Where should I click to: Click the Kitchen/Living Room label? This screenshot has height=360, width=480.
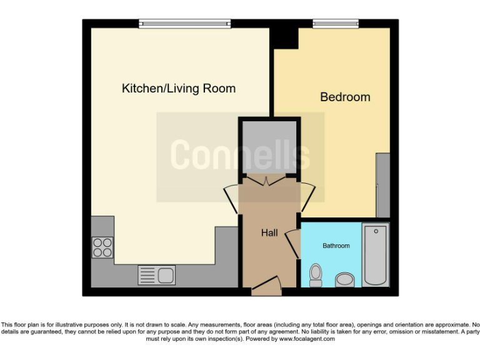178,89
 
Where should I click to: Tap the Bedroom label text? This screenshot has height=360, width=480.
345,97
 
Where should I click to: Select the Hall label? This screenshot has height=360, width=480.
269,233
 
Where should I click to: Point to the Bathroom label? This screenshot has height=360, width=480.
336,246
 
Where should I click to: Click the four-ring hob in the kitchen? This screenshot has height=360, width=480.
102,247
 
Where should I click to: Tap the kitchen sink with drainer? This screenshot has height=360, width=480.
157,275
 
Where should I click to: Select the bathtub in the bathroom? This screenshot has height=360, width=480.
375,254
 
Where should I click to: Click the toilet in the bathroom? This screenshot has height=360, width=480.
316,274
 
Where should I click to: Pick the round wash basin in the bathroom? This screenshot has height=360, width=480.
344,279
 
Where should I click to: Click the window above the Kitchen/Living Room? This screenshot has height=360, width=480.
185,24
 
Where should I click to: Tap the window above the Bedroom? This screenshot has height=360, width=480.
336,24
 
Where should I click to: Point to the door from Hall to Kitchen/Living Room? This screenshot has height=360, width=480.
231,200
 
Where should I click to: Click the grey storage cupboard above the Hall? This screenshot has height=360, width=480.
269,147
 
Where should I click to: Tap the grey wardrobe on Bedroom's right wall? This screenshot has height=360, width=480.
382,185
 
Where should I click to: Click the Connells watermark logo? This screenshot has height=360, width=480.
240,155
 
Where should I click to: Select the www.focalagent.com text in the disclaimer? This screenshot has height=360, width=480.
307,339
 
